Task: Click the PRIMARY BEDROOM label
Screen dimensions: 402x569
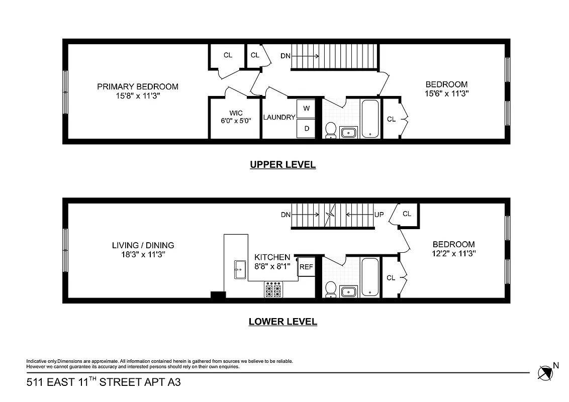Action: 137,86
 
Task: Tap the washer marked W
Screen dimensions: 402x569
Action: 306,108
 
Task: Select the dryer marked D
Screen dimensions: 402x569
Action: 306,128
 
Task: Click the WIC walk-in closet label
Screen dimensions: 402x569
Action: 235,114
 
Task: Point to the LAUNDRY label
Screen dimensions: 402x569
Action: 279,117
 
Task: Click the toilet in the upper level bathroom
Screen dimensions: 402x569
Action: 331,130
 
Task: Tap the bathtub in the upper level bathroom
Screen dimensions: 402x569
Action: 370,119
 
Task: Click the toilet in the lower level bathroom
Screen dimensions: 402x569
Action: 331,289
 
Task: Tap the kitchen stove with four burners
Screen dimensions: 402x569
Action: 273,289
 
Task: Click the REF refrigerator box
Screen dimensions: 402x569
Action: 306,267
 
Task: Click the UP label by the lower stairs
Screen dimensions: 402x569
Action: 380,215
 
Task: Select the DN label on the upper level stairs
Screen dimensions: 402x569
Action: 285,56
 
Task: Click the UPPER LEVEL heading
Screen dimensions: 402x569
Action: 282,164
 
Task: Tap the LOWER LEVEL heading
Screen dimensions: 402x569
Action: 282,322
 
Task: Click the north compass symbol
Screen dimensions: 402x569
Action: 544,372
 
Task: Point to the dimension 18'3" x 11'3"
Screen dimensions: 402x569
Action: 143,254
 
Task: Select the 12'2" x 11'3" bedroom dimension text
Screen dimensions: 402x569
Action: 453,254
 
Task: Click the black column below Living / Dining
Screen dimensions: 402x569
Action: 218,296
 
